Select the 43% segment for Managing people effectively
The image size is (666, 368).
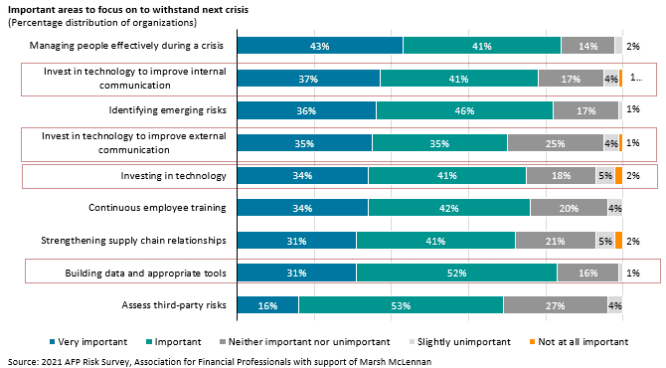[320, 46]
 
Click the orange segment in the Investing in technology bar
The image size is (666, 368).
[618, 176]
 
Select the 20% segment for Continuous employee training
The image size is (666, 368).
[569, 208]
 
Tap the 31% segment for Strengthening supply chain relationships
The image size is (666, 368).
[296, 241]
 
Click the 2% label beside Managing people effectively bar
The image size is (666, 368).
[632, 46]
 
